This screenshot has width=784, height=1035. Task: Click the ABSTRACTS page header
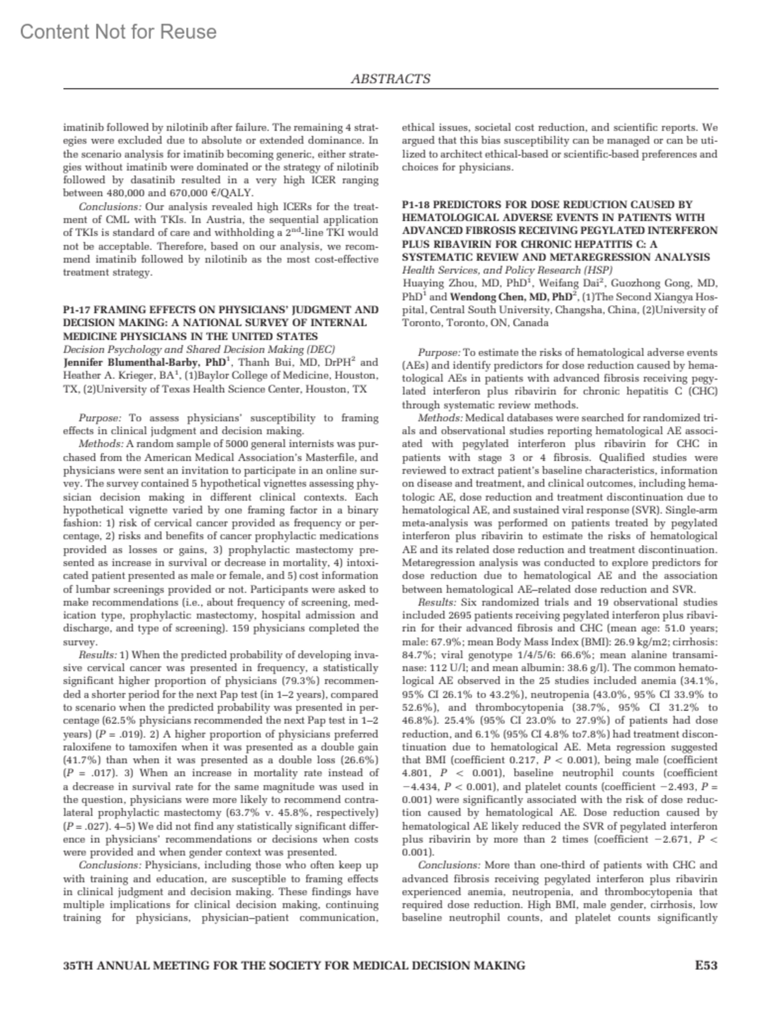point(391,79)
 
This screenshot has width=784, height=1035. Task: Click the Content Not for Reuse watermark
point(118,31)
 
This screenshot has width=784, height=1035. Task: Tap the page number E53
point(706,965)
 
